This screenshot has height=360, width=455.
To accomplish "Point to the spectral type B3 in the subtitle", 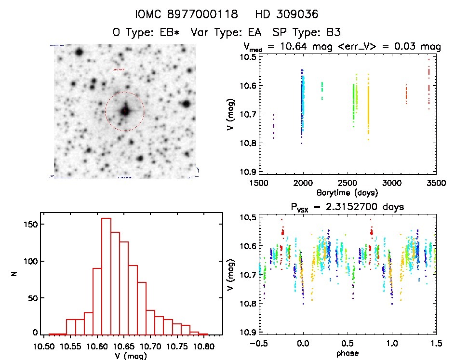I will (333, 33).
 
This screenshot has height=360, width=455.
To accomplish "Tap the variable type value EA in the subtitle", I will (256, 33).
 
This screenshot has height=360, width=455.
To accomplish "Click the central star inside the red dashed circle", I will (125, 111).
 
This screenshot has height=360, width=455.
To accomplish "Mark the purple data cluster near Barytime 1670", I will (273, 127).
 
